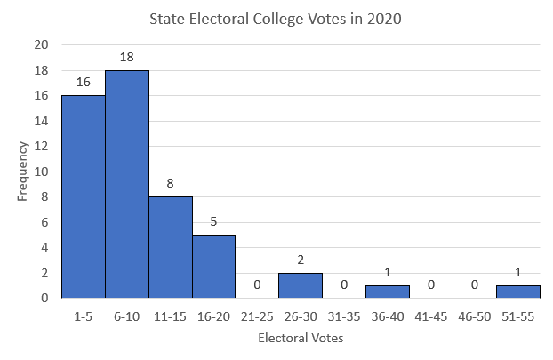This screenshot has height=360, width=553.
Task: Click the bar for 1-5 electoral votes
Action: tap(83, 196)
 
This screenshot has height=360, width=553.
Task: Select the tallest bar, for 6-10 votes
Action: tap(126, 184)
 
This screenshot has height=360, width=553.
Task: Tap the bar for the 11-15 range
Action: tap(170, 247)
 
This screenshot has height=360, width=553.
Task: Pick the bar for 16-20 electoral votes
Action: tap(213, 266)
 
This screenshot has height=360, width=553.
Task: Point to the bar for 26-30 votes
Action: tap(301, 285)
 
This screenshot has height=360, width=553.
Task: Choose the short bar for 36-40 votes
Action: tap(388, 292)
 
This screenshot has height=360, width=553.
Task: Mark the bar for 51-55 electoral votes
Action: tap(518, 292)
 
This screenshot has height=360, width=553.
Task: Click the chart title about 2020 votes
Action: tap(276, 20)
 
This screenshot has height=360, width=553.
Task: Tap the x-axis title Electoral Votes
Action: tap(301, 339)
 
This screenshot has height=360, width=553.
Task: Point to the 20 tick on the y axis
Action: tap(42, 45)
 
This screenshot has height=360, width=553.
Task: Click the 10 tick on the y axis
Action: tap(42, 172)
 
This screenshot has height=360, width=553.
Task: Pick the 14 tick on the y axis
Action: tap(42, 121)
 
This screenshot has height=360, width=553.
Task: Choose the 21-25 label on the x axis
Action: tap(257, 315)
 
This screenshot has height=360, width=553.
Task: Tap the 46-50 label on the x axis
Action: tap(475, 315)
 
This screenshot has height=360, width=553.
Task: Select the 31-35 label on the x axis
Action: tap(344, 315)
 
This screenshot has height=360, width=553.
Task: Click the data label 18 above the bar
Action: tap(126, 58)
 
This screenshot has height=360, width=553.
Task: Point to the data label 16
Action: tap(83, 83)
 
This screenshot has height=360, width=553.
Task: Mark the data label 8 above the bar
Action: tap(170, 184)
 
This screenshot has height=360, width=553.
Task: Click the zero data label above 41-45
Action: tap(431, 285)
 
